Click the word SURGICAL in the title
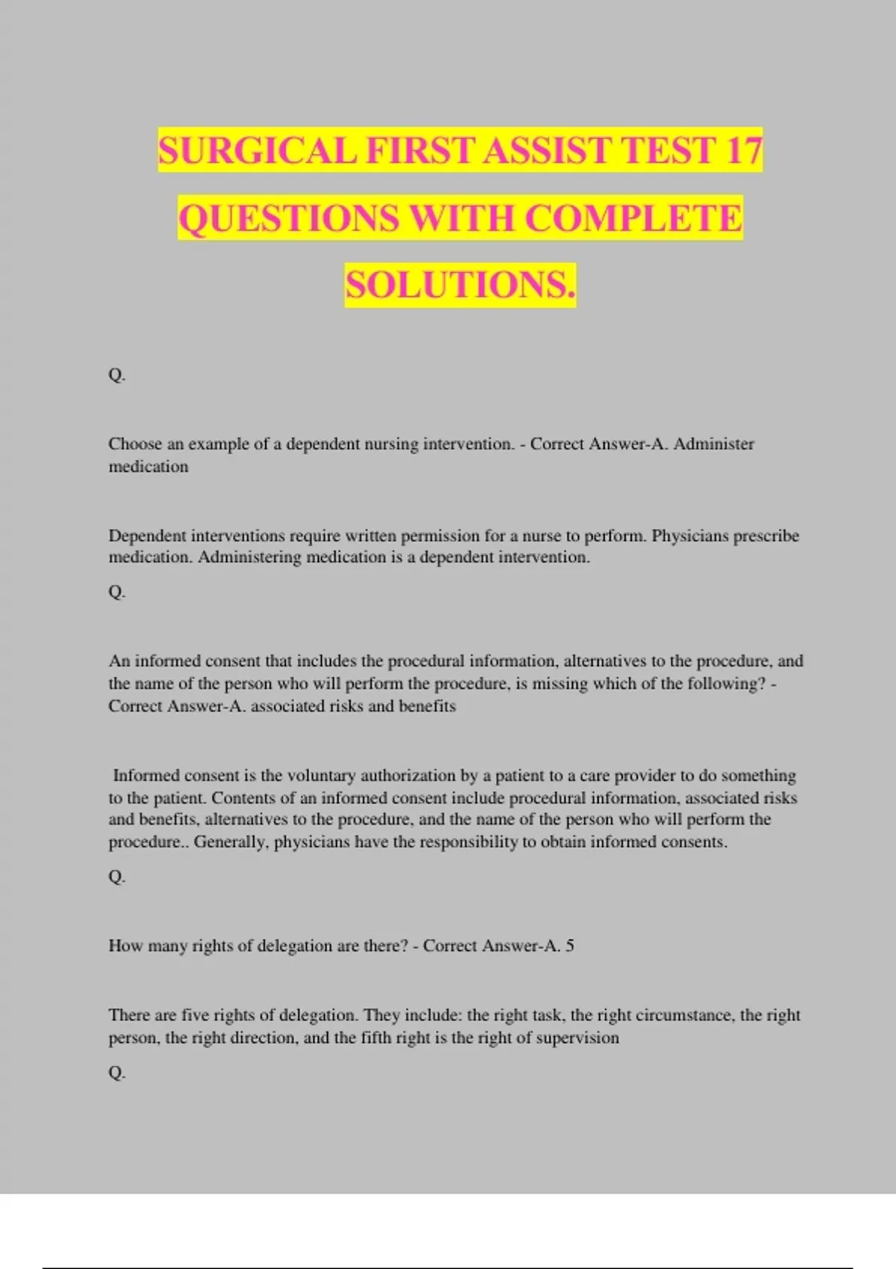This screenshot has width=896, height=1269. (258, 150)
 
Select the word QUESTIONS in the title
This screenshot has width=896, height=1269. (288, 218)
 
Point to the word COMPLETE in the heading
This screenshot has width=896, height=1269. (634, 218)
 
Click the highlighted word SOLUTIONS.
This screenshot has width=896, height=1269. (460, 285)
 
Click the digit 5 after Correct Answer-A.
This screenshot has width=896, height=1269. (570, 946)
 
